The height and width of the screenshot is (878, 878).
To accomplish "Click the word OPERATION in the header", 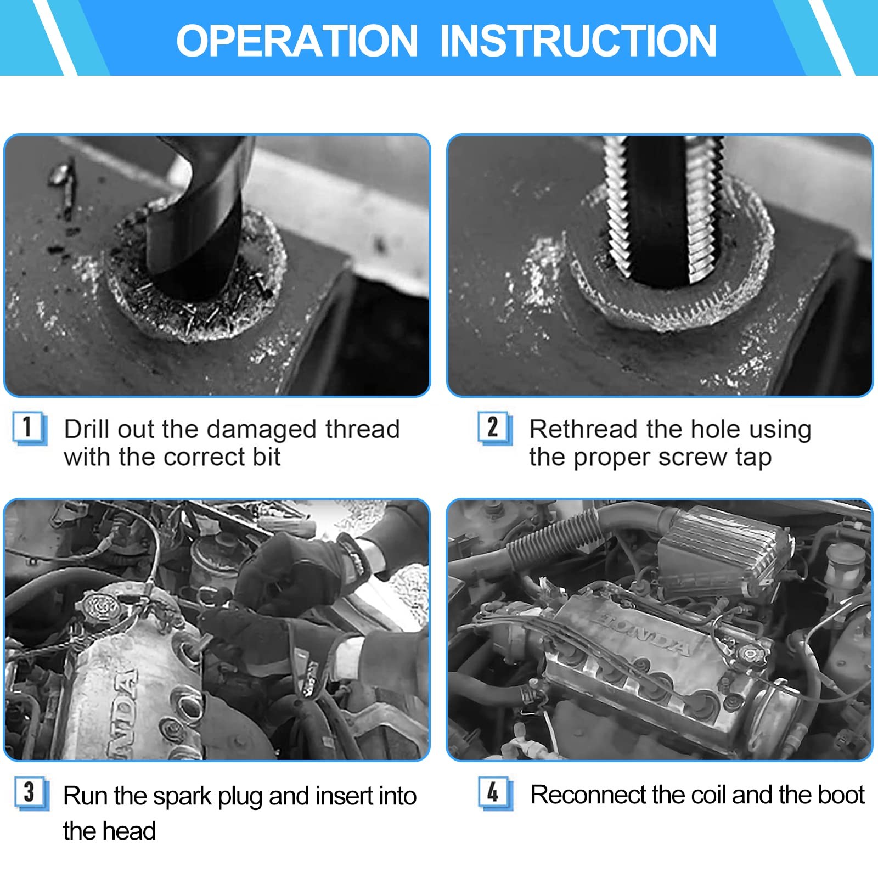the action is [x=297, y=41].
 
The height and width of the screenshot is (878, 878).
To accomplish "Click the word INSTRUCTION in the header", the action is [x=578, y=41].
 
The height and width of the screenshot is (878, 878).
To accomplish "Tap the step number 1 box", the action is [x=30, y=428].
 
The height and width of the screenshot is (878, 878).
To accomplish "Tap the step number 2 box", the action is [x=495, y=428].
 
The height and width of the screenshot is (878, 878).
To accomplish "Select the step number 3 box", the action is [x=31, y=793].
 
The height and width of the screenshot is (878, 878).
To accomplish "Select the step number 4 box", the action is [x=495, y=793].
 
